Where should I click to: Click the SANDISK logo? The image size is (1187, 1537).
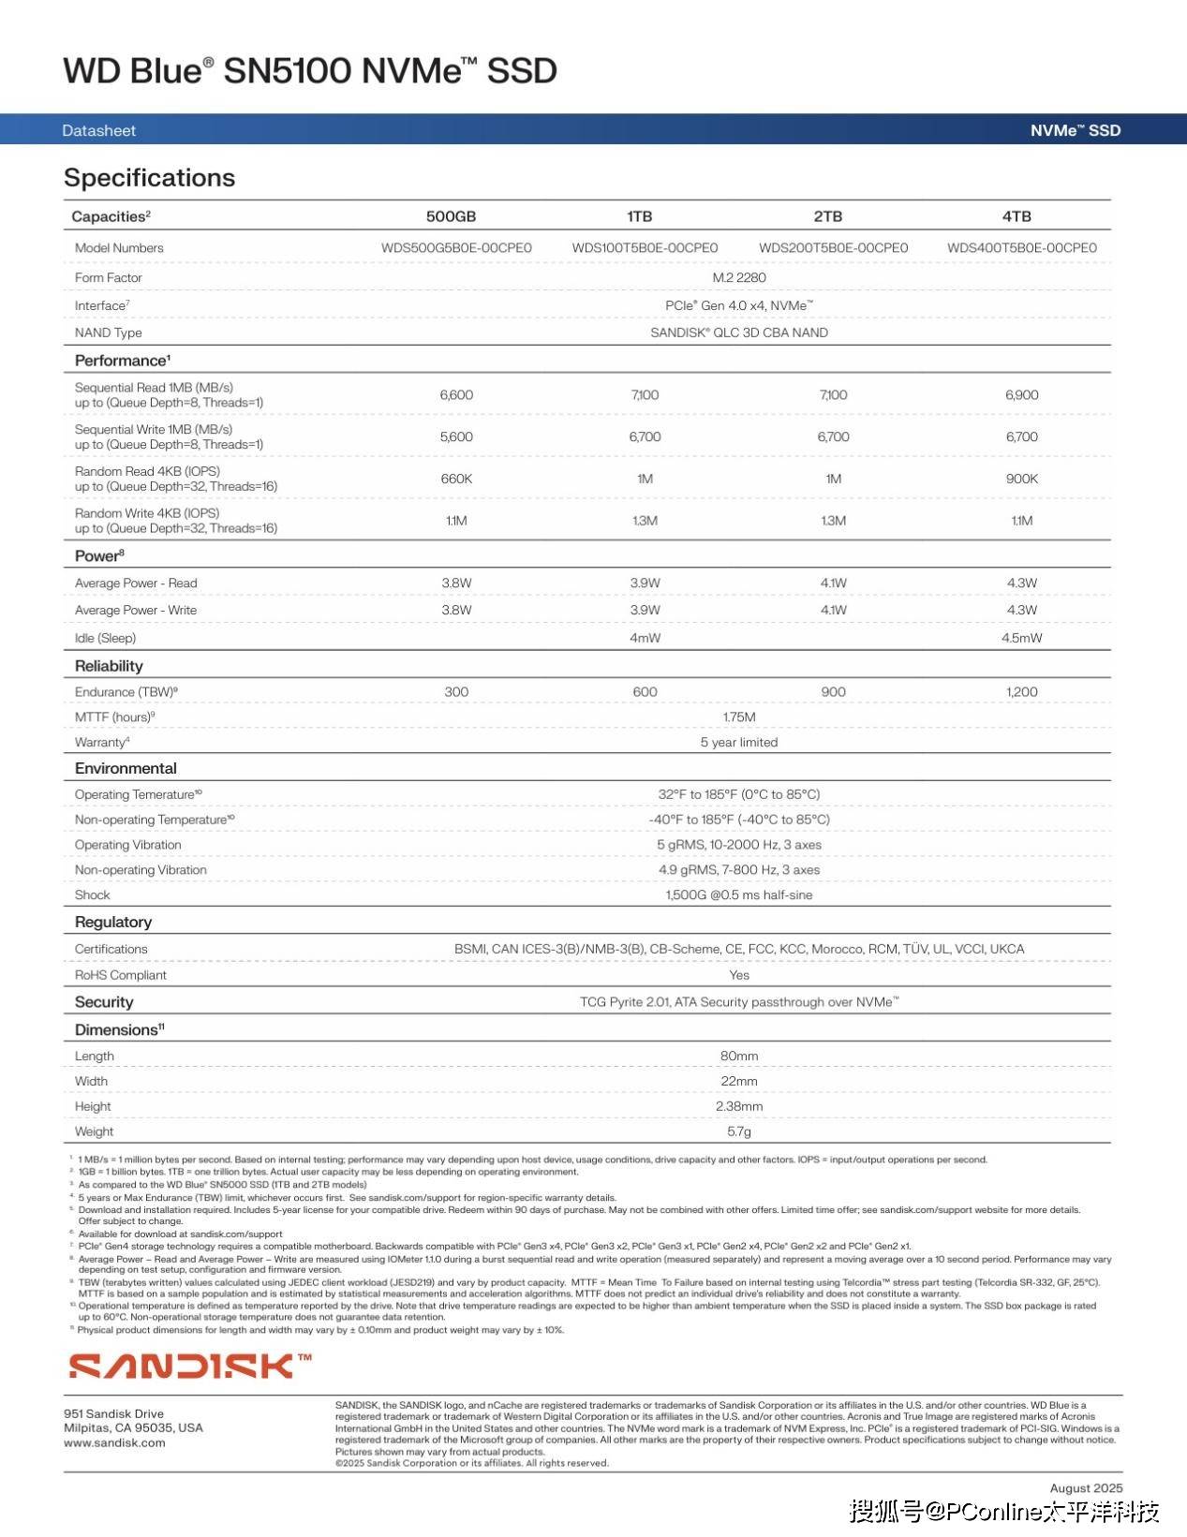[x=189, y=1366]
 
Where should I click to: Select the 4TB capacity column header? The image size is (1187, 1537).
[x=1016, y=216]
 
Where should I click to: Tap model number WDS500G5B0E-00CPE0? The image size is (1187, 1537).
[x=456, y=248]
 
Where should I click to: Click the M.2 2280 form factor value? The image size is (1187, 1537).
[x=739, y=277]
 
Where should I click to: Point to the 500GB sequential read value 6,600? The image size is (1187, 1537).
[x=456, y=395]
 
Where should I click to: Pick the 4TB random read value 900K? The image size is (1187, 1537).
[x=1021, y=479]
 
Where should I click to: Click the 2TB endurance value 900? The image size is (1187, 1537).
[x=833, y=692]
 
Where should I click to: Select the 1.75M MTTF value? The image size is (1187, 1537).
[x=739, y=717]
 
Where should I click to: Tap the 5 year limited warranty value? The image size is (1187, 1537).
[x=739, y=743]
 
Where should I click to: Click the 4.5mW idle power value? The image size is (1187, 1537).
[x=1021, y=638]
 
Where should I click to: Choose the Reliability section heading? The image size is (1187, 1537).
[x=109, y=666]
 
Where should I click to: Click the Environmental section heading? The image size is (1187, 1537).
[x=126, y=768]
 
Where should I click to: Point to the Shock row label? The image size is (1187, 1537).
[x=92, y=895]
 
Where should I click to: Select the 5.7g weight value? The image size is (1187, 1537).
[x=739, y=1131]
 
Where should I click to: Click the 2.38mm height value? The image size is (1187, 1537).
[x=739, y=1106]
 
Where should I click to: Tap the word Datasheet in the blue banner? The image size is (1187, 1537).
[x=98, y=130]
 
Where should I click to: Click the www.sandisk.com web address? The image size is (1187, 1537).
[x=114, y=1443]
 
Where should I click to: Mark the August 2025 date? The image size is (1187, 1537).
[x=1086, y=1488]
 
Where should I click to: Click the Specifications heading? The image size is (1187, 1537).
[x=149, y=178]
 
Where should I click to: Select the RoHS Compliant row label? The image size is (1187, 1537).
[x=120, y=975]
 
